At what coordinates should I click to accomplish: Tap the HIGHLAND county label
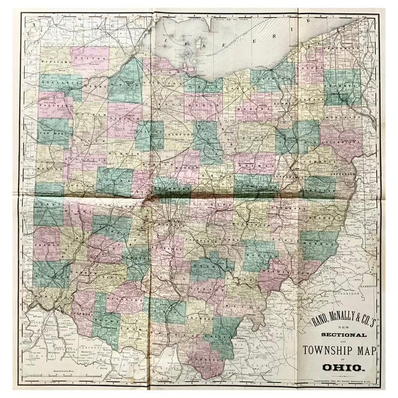click(x=126, y=301)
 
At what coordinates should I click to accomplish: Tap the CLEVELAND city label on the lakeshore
click(x=261, y=68)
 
